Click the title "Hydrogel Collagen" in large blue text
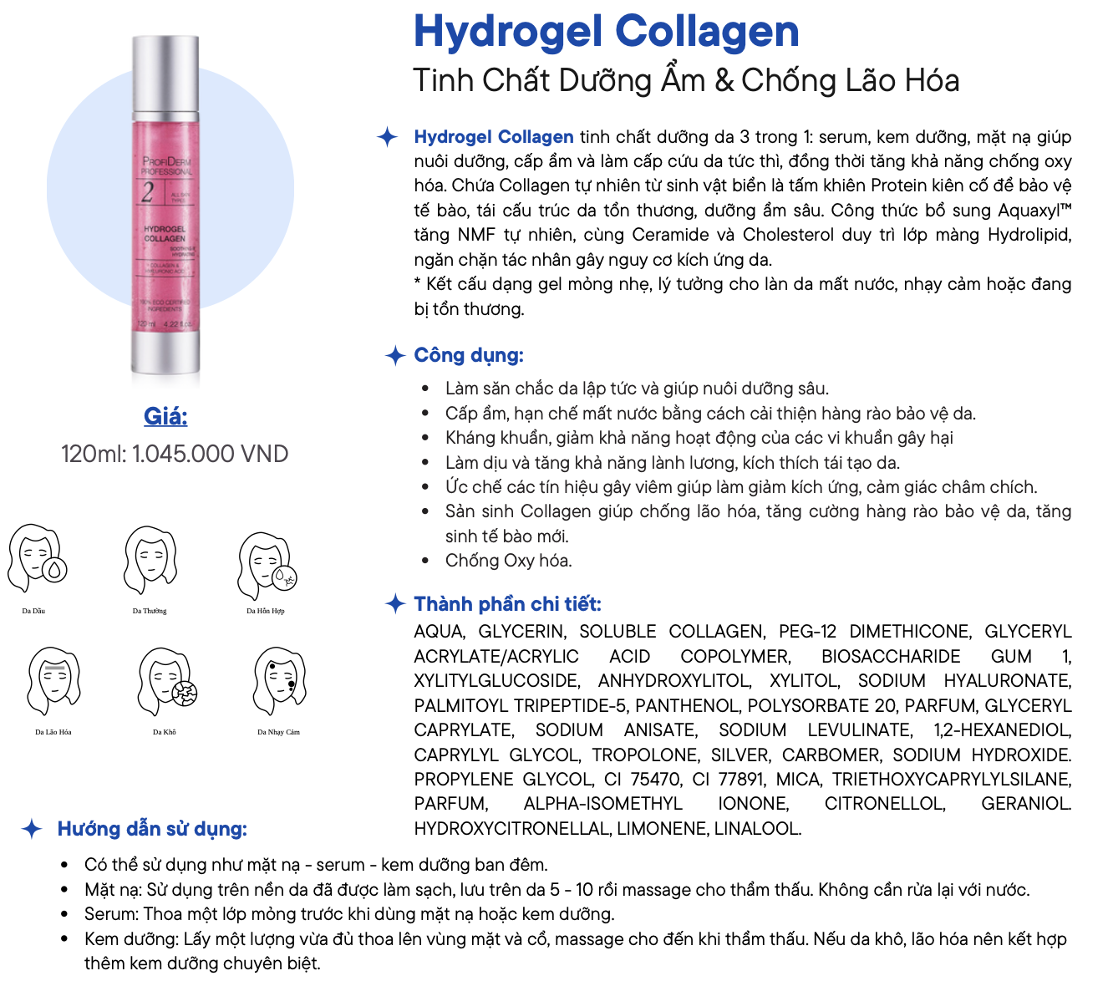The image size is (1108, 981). (x=606, y=32)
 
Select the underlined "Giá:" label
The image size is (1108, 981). (x=165, y=416)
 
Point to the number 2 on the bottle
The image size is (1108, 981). (x=148, y=192)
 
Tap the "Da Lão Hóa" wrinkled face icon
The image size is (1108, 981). (x=54, y=680)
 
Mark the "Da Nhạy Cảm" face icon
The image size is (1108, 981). (x=280, y=680)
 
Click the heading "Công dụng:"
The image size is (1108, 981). (x=469, y=355)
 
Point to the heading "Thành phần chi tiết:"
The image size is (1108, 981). (x=507, y=604)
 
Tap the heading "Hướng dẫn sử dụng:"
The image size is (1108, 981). (x=152, y=829)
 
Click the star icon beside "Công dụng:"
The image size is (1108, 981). (x=395, y=355)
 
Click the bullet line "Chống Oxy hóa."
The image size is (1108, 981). (x=508, y=561)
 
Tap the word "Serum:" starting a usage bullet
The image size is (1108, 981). (x=111, y=914)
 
